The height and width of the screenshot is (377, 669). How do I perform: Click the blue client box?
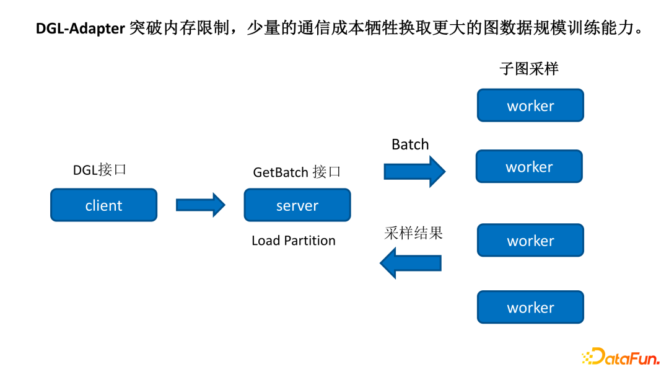pos(103,205)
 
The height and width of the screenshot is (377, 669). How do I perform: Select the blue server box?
pos(297,205)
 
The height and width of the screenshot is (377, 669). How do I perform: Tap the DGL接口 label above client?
pos(100,170)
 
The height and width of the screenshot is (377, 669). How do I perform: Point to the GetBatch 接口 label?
pos(297,172)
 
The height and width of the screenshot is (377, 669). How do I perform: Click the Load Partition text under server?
pos(294,241)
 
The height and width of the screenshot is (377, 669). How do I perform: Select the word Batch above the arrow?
pos(410,144)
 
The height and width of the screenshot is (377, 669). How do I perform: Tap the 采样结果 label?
pos(413,233)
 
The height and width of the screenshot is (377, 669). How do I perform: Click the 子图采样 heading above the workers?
pos(529,69)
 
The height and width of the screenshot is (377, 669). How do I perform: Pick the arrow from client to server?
pos(200,205)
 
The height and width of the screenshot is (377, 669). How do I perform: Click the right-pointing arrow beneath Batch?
pos(414,171)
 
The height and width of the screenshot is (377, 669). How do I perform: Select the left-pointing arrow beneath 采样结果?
pos(410,263)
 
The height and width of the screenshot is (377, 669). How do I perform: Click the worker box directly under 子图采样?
pos(530,105)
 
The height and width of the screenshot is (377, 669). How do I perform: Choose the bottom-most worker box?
pos(530,308)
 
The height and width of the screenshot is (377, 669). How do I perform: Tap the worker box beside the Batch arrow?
pos(529,166)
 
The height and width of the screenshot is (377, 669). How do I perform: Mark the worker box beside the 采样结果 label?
pos(530,241)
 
